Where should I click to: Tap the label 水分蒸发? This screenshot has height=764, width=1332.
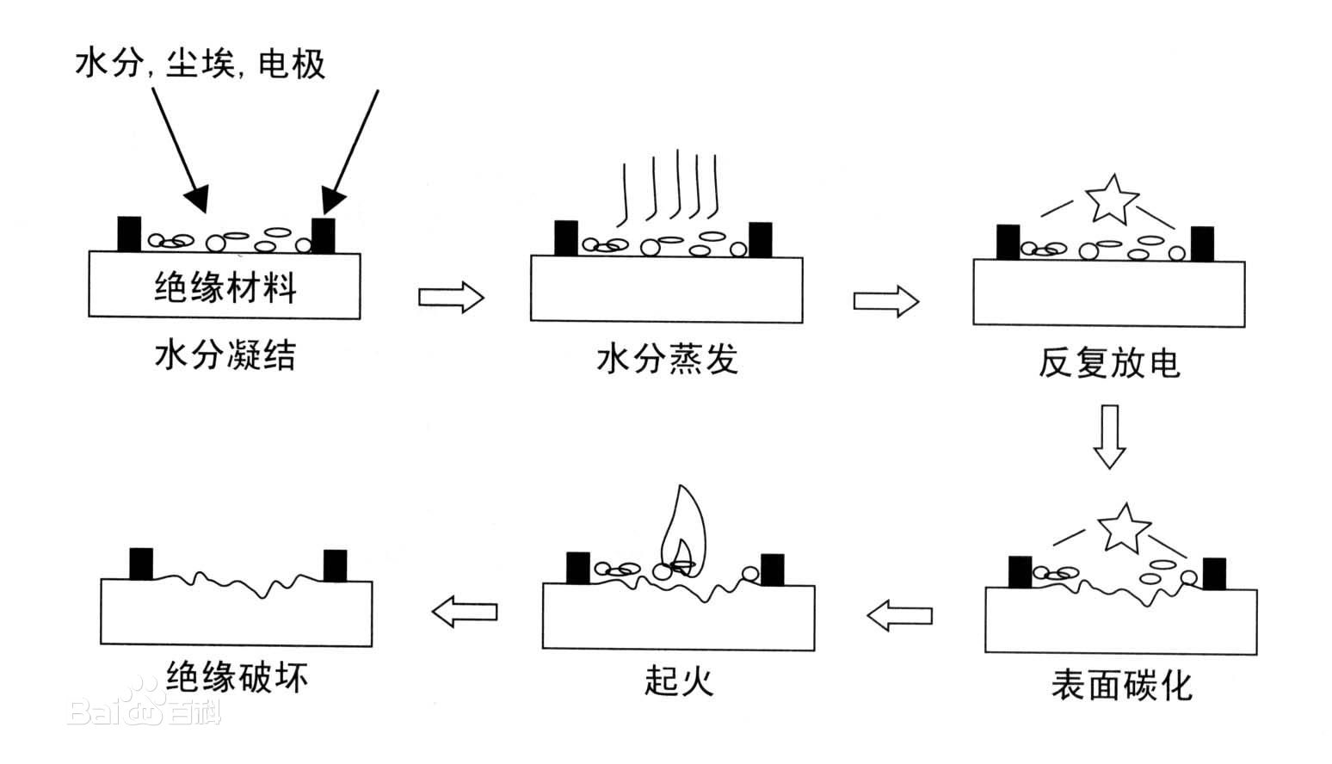[x=668, y=360]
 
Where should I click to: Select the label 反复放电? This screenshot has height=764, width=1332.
[x=1109, y=364]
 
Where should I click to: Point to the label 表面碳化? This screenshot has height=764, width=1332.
[x=1121, y=686]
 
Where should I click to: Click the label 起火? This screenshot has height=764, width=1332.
[x=679, y=681]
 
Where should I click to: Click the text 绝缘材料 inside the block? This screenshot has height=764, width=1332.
[x=225, y=287]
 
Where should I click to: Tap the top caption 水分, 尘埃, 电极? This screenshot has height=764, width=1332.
[x=200, y=65]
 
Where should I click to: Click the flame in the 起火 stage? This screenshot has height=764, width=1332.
[x=681, y=533]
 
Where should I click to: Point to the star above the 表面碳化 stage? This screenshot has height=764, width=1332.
[x=1124, y=527]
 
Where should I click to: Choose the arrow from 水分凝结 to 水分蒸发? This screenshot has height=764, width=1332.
[x=451, y=297]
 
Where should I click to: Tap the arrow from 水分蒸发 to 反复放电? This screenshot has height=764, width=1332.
[x=886, y=300]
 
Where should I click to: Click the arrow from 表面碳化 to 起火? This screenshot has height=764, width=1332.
[x=899, y=615]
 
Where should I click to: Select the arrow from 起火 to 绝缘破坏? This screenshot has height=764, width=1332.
[x=464, y=612]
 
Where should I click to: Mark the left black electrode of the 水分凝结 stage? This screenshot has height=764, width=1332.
[x=129, y=234]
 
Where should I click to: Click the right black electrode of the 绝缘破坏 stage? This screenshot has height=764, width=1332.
[x=335, y=565]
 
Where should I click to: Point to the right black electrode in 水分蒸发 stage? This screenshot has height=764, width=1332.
[x=761, y=239]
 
